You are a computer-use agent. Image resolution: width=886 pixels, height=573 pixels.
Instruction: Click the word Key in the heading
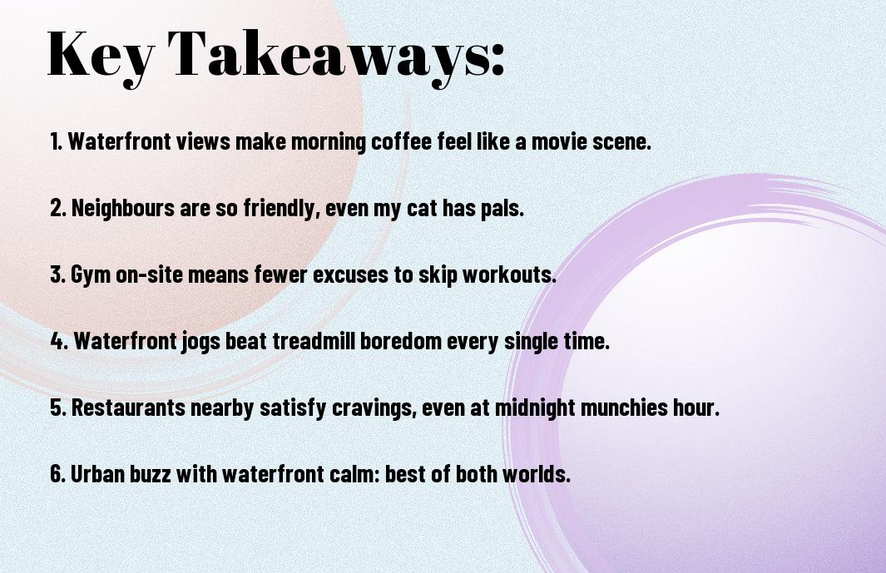point(101,56)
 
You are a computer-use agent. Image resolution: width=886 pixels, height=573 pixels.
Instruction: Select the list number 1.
point(56,141)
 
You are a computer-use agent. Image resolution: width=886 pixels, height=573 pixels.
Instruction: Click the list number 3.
point(57,274)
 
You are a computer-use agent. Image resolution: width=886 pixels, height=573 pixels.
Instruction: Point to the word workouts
point(509,274)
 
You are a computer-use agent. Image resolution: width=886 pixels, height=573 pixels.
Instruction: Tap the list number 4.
point(59,341)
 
